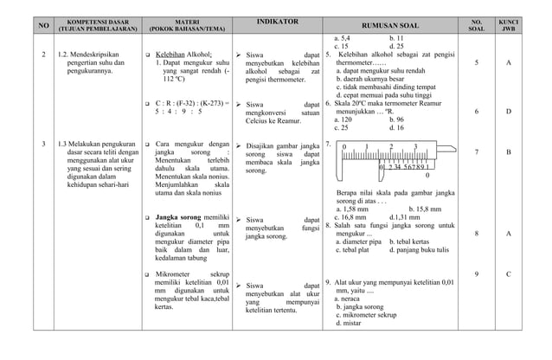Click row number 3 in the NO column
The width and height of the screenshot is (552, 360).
tap(44, 141)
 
